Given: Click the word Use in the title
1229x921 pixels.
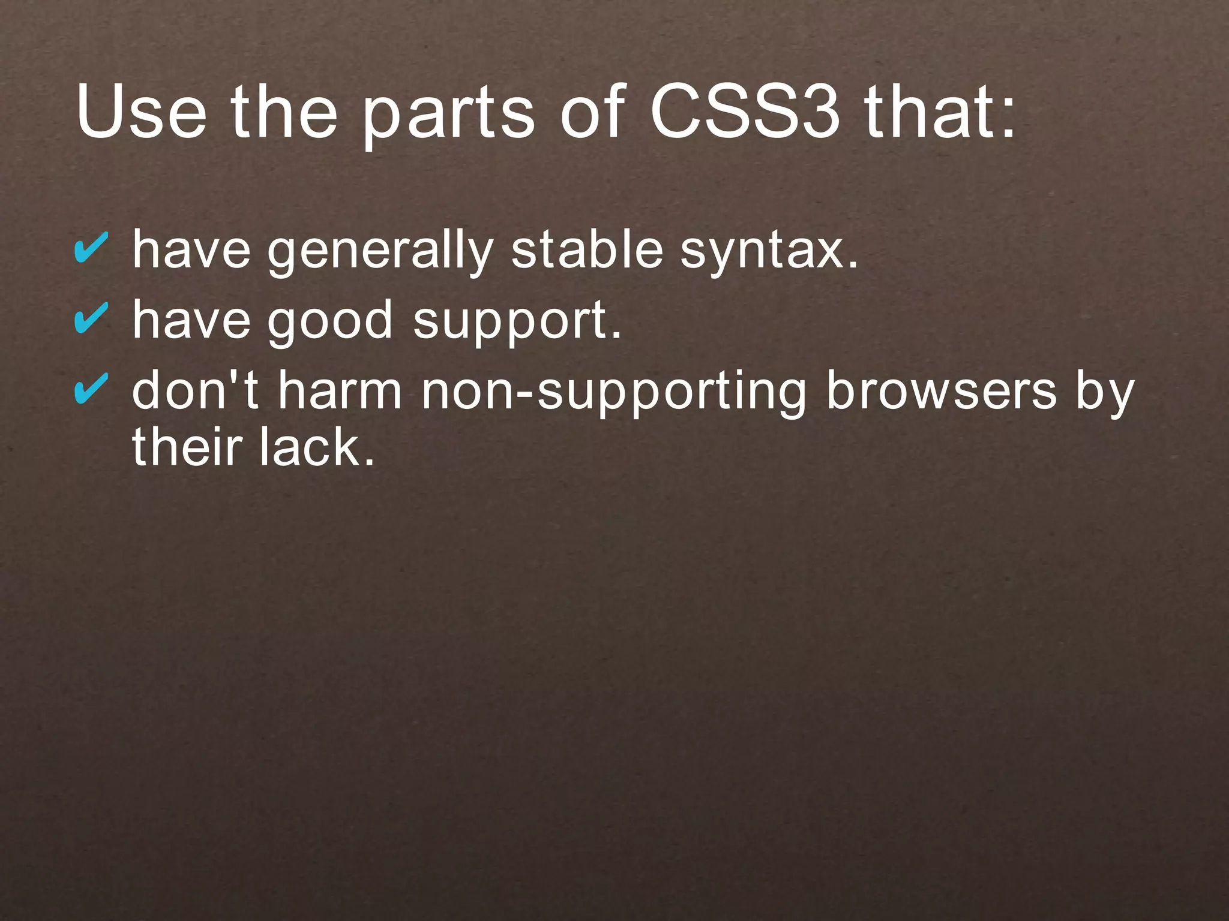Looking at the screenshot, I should (141, 113).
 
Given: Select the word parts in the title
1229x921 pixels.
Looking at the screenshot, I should (448, 117).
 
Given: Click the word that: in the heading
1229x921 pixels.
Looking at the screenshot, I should (940, 113).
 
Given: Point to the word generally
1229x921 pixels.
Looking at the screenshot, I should (380, 252).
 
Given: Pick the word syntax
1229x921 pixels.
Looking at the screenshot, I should (769, 252).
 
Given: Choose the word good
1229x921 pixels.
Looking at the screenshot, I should (330, 322).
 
